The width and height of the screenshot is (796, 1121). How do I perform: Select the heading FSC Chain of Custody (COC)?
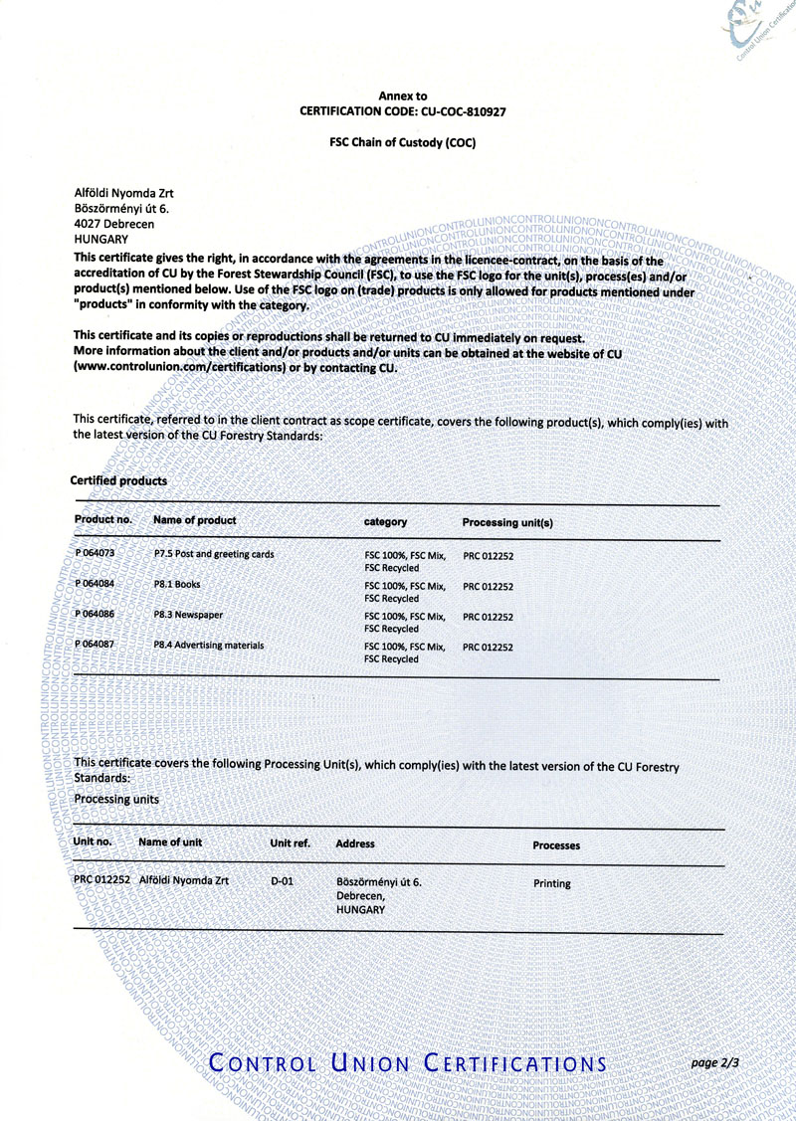pyautogui.click(x=403, y=142)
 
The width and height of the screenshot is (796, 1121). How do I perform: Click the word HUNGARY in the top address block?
pyautogui.click(x=101, y=239)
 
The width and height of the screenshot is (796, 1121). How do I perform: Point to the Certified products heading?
pyautogui.click(x=118, y=480)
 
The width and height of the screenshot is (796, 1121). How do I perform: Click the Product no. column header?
pyautogui.click(x=103, y=520)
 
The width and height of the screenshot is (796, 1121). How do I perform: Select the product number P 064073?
pyautogui.click(x=96, y=553)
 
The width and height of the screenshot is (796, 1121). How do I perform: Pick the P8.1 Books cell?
pyautogui.click(x=177, y=585)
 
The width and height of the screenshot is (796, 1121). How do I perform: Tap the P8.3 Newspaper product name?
pyautogui.click(x=188, y=616)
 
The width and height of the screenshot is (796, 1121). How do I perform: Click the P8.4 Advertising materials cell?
pyautogui.click(x=209, y=646)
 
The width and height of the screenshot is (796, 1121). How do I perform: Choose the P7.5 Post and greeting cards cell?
pyautogui.click(x=214, y=553)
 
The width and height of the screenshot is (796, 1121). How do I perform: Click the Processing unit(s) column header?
pyautogui.click(x=507, y=522)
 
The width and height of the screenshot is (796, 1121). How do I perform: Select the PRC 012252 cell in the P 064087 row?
pyautogui.click(x=488, y=648)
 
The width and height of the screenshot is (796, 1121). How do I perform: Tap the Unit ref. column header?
pyautogui.click(x=291, y=842)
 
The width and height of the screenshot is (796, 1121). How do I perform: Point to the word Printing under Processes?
pyautogui.click(x=552, y=883)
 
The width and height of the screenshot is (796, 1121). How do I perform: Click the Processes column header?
pyautogui.click(x=556, y=845)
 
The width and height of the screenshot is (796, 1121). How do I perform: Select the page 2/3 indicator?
pyautogui.click(x=715, y=1063)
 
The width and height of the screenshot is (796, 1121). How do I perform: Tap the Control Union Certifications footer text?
pyautogui.click(x=408, y=1063)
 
